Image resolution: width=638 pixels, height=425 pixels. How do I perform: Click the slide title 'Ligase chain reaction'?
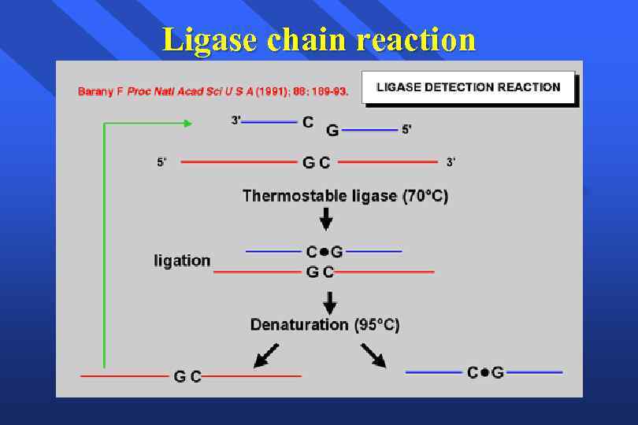point(319,39)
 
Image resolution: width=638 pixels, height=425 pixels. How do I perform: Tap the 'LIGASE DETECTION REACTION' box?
point(469,87)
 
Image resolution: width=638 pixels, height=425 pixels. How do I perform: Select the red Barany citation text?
point(213,92)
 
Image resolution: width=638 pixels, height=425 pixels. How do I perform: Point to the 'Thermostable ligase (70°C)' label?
point(345,196)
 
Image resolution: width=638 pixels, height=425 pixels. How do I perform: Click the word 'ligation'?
point(182,261)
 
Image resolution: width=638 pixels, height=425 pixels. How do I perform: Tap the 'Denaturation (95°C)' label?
point(325,324)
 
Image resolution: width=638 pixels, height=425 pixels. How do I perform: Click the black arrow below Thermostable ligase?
point(326,219)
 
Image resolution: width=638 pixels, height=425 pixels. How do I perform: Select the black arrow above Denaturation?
point(330,301)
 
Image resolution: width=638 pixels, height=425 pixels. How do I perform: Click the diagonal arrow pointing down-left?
point(265,355)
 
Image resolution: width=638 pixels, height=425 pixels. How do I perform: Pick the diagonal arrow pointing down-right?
point(373,356)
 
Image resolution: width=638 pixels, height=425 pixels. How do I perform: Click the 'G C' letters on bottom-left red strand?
point(187,377)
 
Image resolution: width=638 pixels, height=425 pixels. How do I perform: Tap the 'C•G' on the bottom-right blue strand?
point(485,372)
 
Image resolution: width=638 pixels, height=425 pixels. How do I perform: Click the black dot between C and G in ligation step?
point(323,253)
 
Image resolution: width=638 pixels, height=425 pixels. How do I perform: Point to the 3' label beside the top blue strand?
point(236,120)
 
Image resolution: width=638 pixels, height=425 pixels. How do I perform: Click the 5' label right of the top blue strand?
point(406,129)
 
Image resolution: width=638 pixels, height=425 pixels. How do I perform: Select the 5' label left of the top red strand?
point(161,163)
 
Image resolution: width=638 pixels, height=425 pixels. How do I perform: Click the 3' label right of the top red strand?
point(451,162)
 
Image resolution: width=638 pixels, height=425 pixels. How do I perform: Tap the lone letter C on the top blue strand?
point(308,122)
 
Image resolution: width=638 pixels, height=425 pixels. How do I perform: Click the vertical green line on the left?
point(104,244)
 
